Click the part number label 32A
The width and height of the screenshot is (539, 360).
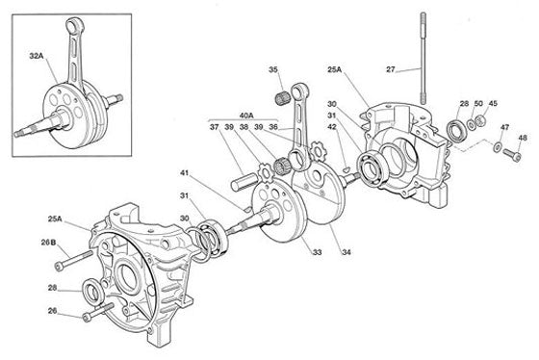coord(37,56)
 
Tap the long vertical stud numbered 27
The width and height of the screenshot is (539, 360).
coord(423,58)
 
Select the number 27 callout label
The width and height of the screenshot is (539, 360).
coord(391,69)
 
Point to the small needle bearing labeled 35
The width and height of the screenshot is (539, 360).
coord(283,99)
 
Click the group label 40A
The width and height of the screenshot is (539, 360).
coord(246,116)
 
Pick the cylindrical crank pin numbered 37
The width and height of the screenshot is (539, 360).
coord(244,182)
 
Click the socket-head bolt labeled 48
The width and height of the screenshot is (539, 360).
coord(512,154)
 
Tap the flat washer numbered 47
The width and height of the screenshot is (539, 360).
coord(497,147)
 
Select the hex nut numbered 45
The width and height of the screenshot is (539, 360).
coord(480,120)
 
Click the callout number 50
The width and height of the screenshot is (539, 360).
coord(478,104)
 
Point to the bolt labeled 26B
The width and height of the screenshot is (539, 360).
coord(74,260)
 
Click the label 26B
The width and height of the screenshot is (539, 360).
coord(48,243)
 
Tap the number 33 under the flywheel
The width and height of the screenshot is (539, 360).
coord(317,252)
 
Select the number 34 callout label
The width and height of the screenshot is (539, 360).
coord(346,252)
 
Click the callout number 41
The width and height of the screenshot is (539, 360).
coord(185,173)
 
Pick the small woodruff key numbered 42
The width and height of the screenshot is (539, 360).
coord(346,168)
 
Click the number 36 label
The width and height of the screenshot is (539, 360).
coord(273,127)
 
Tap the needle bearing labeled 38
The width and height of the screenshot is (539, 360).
coord(282,166)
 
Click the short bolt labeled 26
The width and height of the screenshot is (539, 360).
coord(98,312)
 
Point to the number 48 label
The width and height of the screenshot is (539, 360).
coord(523,138)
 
